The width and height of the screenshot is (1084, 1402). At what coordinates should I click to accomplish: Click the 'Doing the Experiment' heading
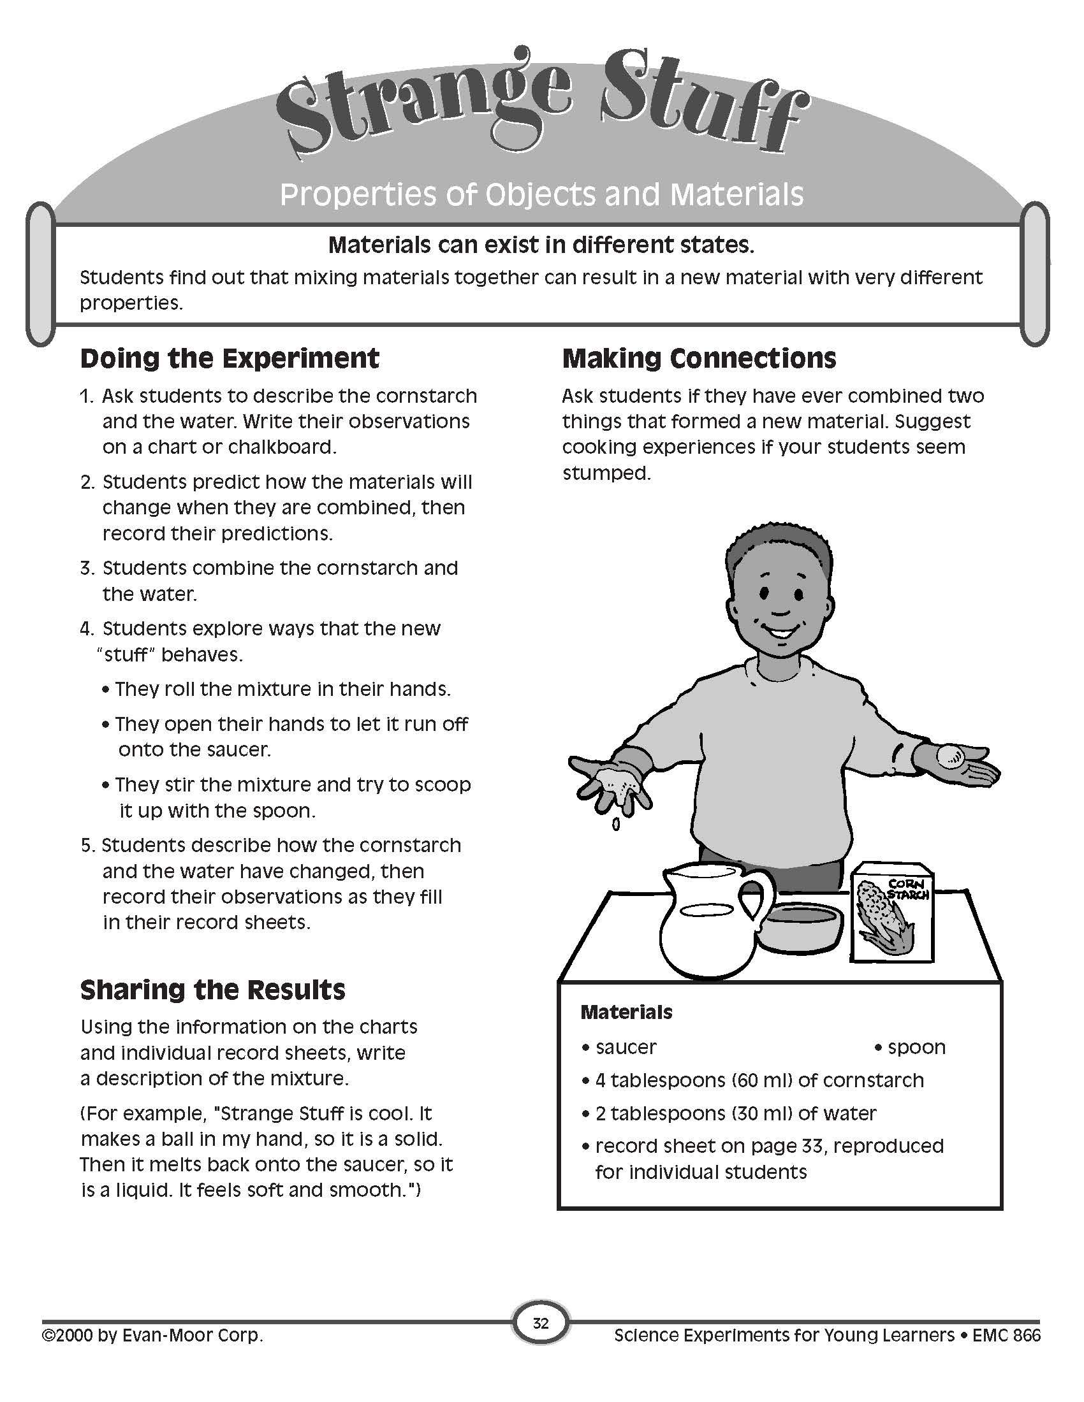(230, 358)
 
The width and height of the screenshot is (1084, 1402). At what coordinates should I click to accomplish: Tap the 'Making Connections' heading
(699, 358)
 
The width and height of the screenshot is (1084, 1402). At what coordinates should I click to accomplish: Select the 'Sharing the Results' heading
(212, 990)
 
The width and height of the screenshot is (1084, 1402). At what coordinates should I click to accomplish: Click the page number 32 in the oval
(541, 1323)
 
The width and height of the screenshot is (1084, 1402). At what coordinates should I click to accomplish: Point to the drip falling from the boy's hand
(616, 823)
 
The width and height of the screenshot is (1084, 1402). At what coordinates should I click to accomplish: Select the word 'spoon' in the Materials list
(916, 1047)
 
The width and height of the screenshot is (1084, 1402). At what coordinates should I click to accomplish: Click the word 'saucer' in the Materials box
(626, 1047)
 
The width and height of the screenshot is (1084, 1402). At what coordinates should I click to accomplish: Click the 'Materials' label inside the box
(626, 1013)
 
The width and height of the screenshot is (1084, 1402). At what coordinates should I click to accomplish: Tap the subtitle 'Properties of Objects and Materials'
(541, 194)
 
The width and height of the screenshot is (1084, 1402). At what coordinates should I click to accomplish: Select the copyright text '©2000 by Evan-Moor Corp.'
(153, 1336)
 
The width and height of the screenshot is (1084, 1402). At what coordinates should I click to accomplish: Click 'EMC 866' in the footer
(1006, 1336)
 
